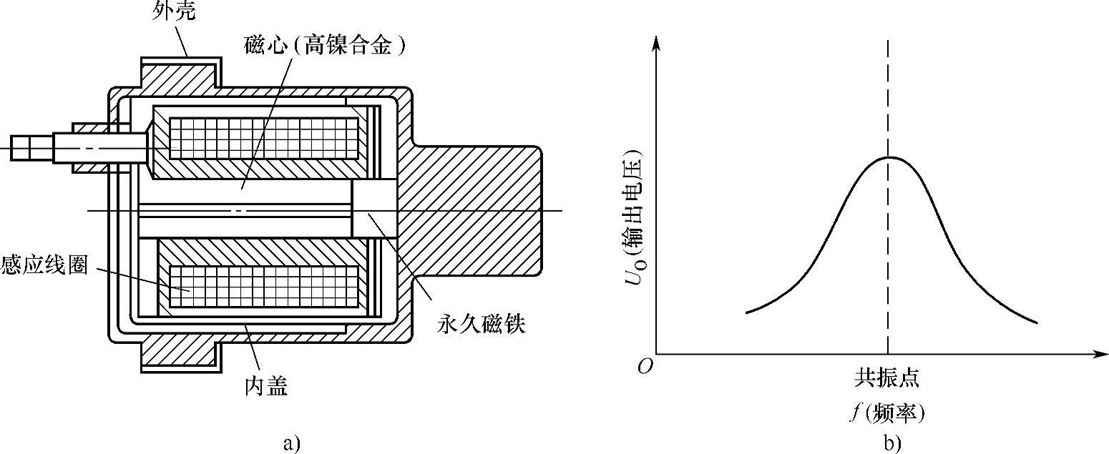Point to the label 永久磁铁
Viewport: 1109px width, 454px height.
pos(480,325)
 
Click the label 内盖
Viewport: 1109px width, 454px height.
pos(265,388)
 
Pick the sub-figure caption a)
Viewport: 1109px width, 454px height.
pos(289,443)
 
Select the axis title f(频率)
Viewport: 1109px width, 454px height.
pos(887,413)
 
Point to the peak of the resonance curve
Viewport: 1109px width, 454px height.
pos(888,157)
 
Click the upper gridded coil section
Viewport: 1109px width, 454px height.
pos(263,139)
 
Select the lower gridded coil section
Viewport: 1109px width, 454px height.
pos(263,287)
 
